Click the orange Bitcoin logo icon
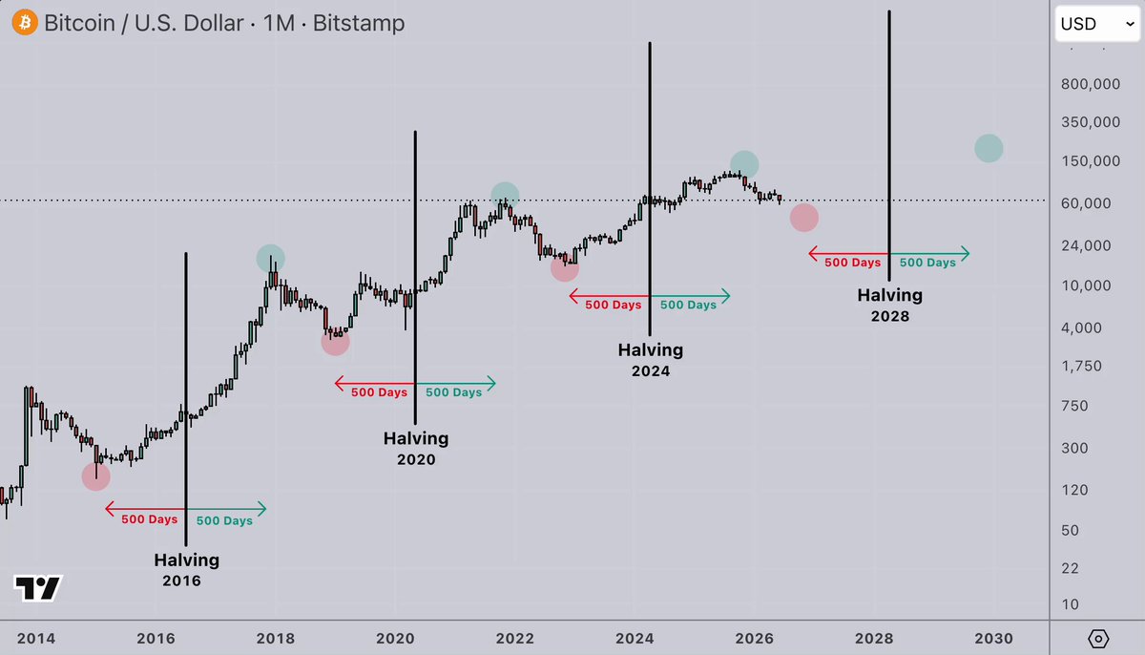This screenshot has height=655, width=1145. [25, 23]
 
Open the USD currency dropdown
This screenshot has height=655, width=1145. [1097, 24]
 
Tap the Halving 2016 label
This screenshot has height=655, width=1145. [187, 570]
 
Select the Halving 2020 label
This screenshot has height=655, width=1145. [416, 449]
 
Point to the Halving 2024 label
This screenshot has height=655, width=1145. [650, 360]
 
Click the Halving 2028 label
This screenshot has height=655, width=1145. [890, 306]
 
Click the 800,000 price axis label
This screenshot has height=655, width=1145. [1091, 84]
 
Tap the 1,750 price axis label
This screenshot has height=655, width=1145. [1081, 366]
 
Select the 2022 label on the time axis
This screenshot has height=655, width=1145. [514, 638]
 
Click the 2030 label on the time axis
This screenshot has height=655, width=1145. [993, 638]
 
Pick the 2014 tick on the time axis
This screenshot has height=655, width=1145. [36, 638]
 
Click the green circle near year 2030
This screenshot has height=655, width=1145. [989, 148]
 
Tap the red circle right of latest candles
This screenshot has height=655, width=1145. [804, 218]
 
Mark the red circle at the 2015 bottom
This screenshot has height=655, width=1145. [96, 476]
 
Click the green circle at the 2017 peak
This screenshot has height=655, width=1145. [270, 258]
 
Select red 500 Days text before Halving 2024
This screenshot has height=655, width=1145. [613, 305]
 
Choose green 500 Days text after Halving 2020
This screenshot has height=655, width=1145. [454, 392]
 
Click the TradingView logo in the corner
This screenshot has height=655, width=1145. [38, 588]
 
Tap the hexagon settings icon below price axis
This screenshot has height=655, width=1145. [1098, 639]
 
